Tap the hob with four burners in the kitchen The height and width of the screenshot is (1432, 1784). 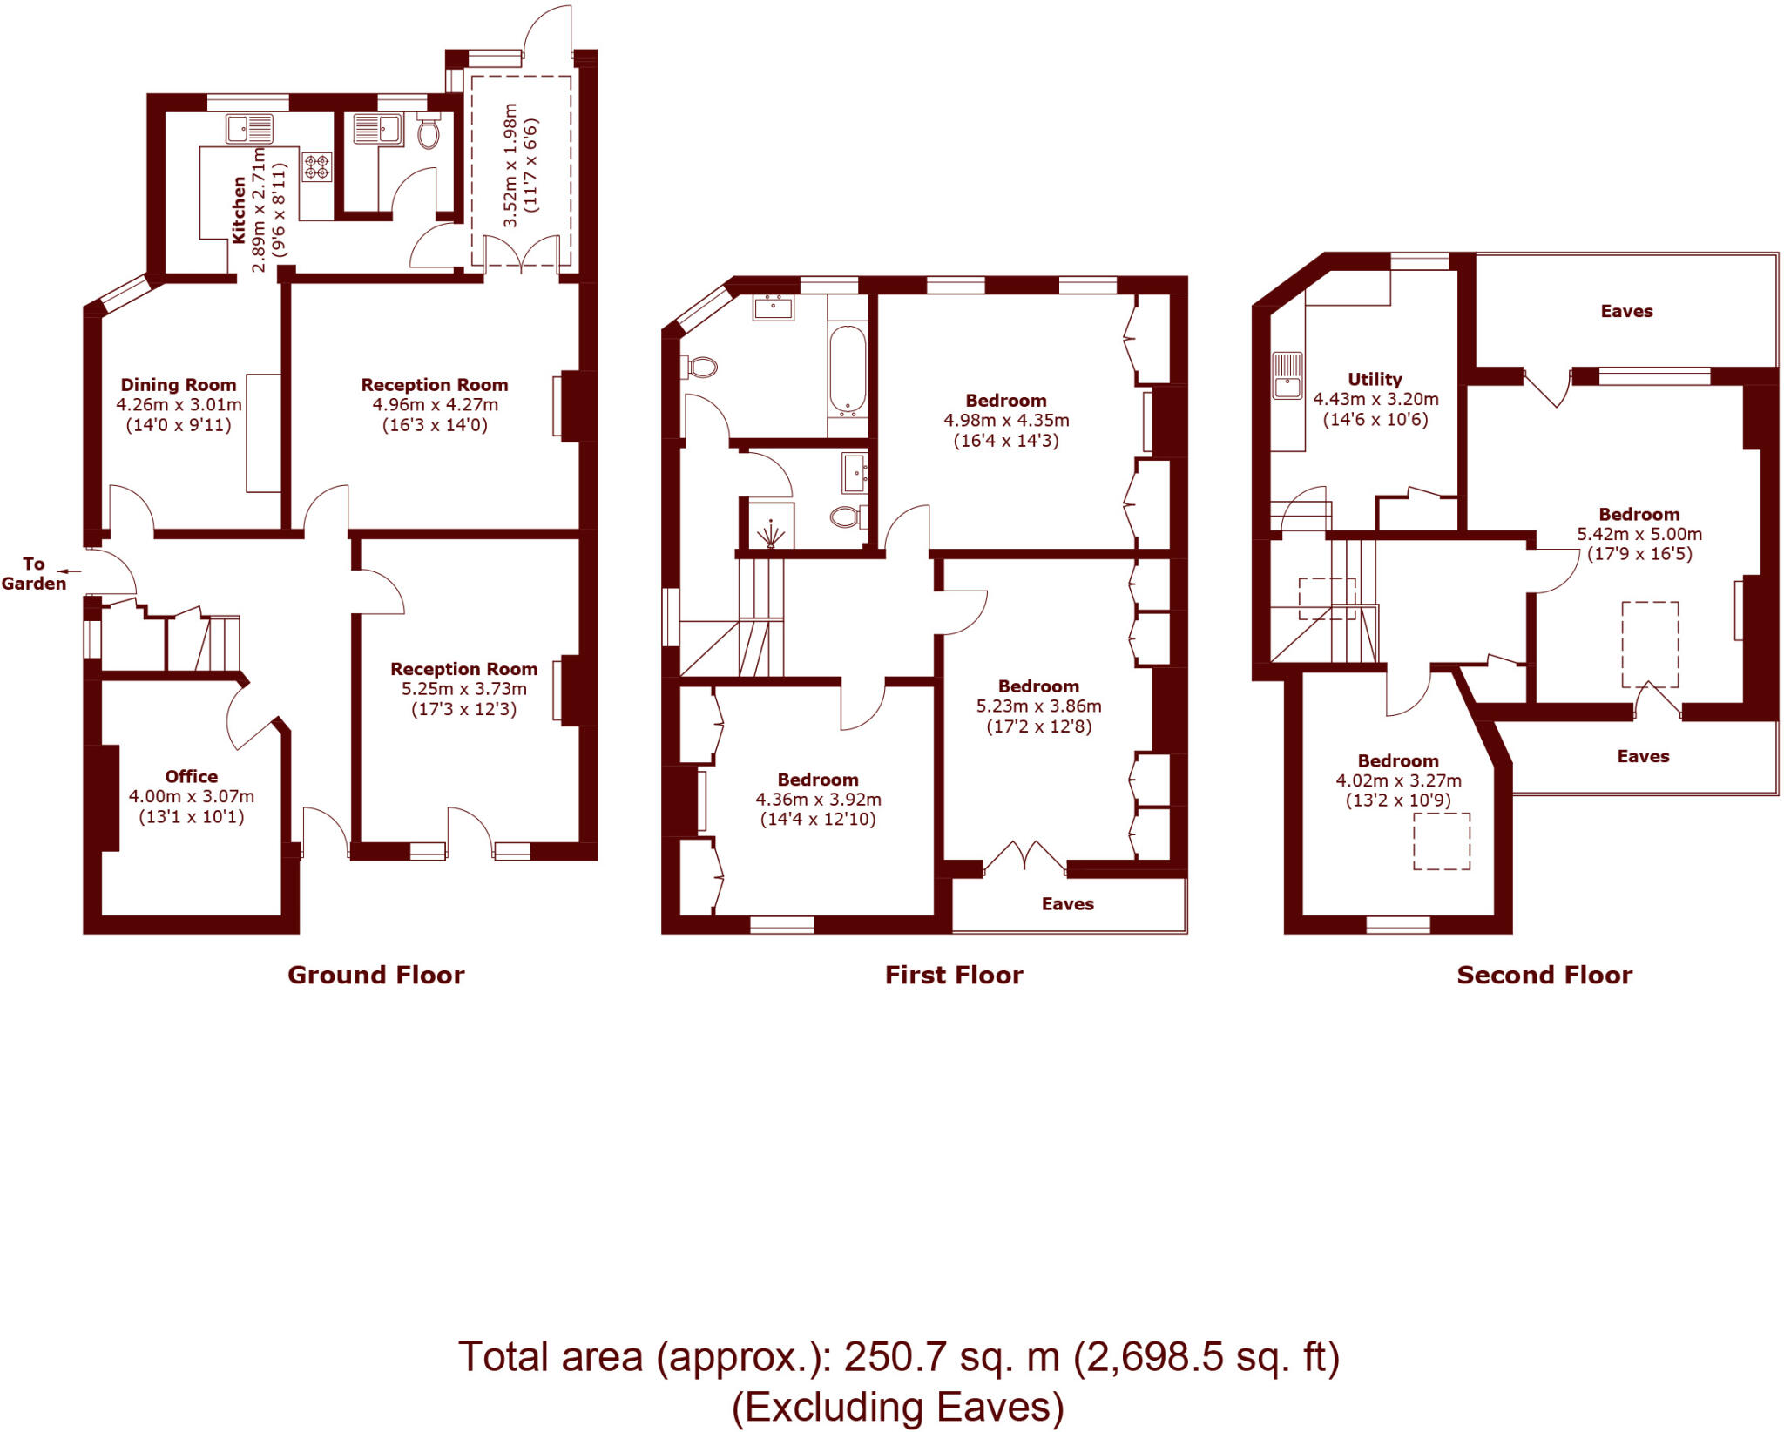point(317,166)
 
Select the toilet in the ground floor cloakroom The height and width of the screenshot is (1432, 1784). point(429,133)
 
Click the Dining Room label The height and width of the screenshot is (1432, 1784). point(179,385)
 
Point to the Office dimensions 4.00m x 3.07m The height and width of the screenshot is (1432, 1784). point(192,796)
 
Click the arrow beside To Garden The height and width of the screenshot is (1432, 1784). point(71,572)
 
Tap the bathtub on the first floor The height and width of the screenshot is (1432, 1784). point(848,368)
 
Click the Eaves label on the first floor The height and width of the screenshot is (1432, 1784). point(1067,904)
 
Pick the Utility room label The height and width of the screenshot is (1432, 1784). point(1375,380)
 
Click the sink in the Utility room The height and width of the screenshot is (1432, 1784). point(1287,376)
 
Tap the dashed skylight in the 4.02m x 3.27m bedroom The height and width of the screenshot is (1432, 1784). point(1442,841)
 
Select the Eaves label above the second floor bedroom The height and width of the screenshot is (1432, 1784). point(1626,312)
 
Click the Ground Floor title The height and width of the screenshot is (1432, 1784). point(376,975)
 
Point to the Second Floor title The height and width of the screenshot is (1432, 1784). point(1544,975)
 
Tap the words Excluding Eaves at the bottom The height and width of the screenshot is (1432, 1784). point(898,1408)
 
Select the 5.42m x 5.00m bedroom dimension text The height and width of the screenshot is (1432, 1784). point(1639,534)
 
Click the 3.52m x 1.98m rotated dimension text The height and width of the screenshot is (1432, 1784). point(511,165)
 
